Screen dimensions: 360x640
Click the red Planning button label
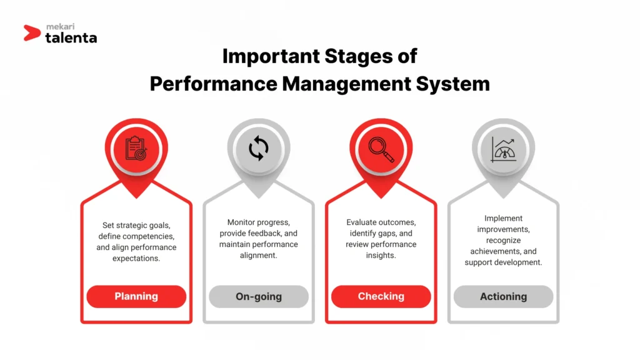tap(136, 296)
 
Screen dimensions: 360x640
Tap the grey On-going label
tap(258, 296)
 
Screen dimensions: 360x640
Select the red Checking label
tap(381, 296)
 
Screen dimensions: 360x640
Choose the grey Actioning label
tap(503, 296)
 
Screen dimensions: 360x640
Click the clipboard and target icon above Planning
tap(136, 148)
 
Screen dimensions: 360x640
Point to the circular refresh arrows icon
tap(258, 149)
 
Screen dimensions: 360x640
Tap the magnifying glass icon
tap(381, 149)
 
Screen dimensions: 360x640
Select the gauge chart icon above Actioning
tap(503, 149)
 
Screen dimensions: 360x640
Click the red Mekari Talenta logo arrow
tap(32, 32)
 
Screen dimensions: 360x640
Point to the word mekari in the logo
tap(61, 27)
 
